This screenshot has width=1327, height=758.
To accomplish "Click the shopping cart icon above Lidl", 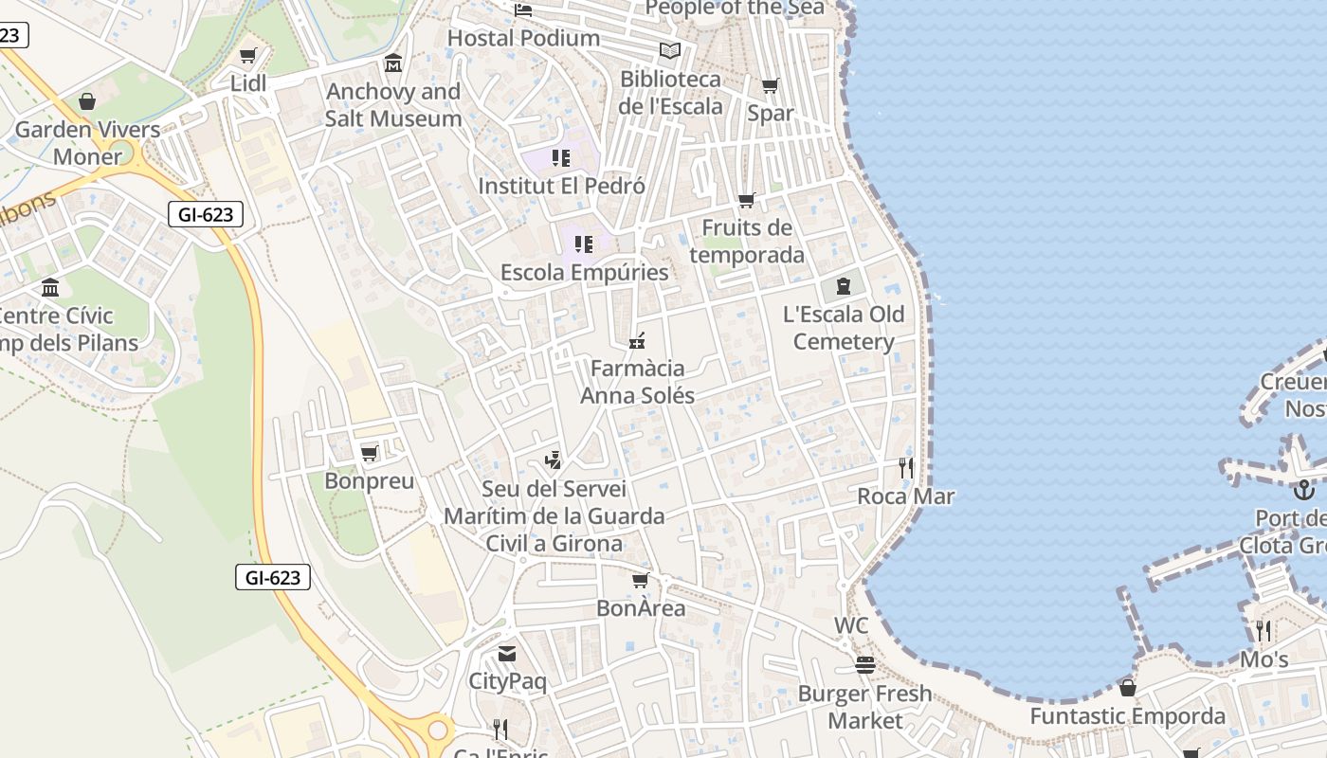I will click(248, 56).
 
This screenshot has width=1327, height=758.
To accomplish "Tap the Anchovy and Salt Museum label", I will click(393, 105).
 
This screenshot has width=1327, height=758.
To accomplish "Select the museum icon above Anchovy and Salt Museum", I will click(393, 63).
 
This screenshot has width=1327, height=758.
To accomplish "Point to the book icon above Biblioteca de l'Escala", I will click(670, 51).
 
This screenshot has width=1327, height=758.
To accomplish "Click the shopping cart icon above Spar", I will click(771, 86).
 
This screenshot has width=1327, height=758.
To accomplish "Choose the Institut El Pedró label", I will click(561, 186).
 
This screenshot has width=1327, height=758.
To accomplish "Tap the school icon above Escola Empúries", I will click(584, 244).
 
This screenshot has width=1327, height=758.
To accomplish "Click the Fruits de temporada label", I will click(747, 241).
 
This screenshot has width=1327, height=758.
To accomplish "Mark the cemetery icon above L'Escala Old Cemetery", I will click(843, 285).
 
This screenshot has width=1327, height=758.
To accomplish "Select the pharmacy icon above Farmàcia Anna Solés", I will click(637, 340).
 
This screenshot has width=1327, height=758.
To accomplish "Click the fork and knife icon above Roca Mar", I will click(906, 467).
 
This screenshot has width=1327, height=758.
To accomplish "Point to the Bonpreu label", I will click(370, 480).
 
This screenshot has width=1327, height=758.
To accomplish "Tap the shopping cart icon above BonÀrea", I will click(641, 580).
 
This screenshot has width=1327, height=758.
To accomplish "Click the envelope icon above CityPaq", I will click(507, 654).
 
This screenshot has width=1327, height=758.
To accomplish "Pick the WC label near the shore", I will click(851, 626).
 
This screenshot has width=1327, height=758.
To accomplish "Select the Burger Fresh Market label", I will click(864, 707).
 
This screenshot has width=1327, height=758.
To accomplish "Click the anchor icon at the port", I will click(1304, 490).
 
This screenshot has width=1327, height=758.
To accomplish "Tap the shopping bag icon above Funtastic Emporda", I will click(1128, 688).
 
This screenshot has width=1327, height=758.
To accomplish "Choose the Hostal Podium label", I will click(523, 38).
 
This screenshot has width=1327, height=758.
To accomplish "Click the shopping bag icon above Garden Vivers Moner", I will click(87, 101).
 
